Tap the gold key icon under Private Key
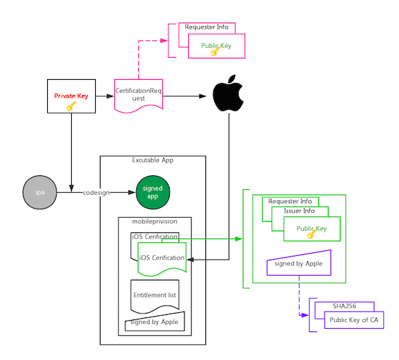pos(71,106)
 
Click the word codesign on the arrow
pos(96,193)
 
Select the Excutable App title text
pos(153,160)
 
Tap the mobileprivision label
pos(155,221)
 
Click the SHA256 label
pos(344,306)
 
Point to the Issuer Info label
pos(299,211)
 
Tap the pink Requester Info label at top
pos(207,27)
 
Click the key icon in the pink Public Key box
pos(215,51)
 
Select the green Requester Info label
pos(290,201)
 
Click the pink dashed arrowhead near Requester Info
pos(164,41)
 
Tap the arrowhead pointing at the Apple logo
pos(203,96)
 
